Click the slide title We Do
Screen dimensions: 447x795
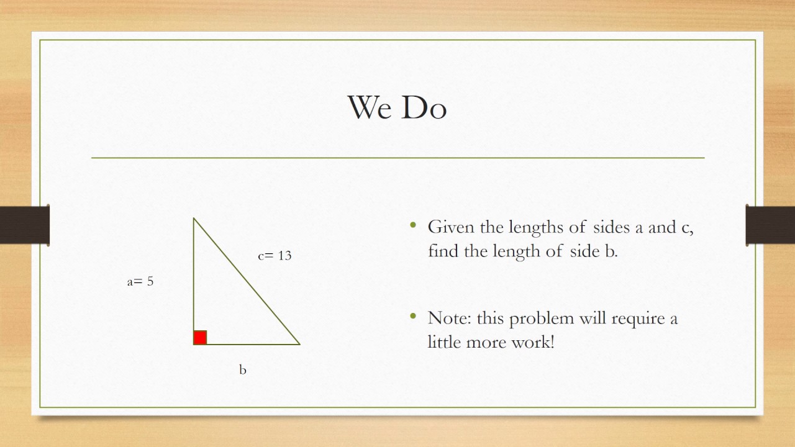[397, 107]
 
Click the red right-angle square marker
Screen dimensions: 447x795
[200, 338]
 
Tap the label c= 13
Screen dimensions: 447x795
[275, 255]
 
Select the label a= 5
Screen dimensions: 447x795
[140, 281]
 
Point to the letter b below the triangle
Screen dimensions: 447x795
[243, 370]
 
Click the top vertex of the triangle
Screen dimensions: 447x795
[194, 219]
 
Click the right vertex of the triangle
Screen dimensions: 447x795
[299, 344]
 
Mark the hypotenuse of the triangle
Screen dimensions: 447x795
[247, 281]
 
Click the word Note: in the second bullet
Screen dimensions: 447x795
[450, 318]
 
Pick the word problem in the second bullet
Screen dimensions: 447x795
[542, 319]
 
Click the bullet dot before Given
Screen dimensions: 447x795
[414, 225]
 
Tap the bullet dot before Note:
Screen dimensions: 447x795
[414, 317]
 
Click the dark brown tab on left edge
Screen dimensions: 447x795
[24, 225]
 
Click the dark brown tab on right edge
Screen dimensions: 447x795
[770, 225]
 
